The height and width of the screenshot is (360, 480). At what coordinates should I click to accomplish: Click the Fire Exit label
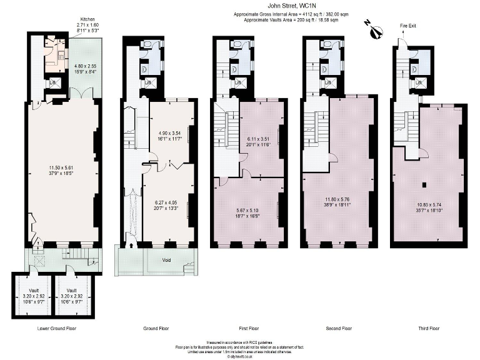tap(407, 25)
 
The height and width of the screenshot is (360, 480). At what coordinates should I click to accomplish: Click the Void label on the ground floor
tap(166, 260)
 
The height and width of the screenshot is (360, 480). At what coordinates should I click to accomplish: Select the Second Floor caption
tap(339, 328)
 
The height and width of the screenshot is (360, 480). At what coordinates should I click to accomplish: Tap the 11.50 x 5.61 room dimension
tap(62, 170)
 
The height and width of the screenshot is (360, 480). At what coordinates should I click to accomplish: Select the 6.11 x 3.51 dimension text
tap(257, 142)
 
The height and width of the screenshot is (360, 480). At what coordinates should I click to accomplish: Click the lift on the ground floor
tap(149, 83)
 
